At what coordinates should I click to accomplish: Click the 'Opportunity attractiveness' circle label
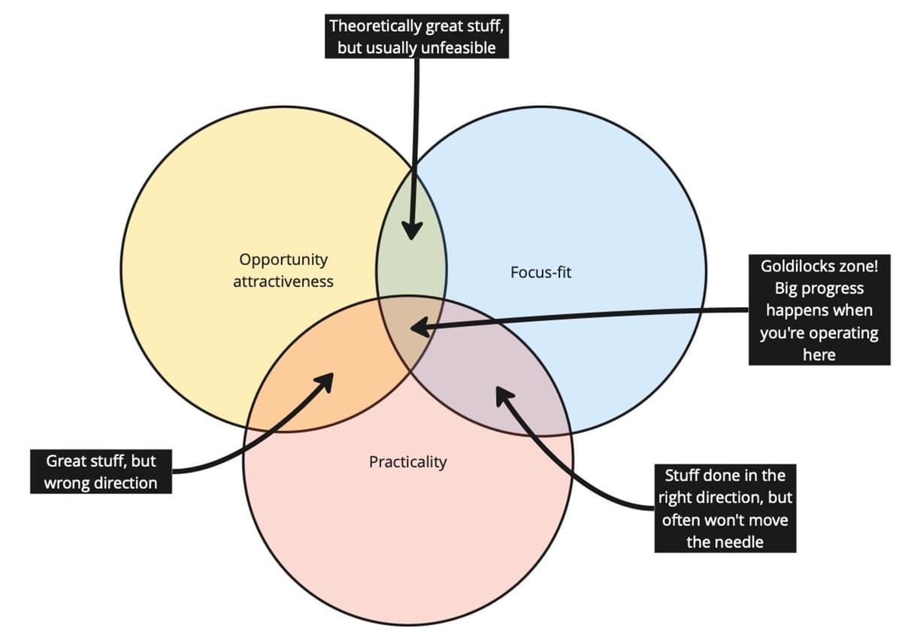tap(283, 270)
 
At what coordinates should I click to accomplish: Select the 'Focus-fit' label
tap(540, 272)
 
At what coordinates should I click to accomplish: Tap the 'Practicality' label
tap(407, 461)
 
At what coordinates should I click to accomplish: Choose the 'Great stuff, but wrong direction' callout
tap(101, 471)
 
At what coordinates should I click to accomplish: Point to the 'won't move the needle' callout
tap(725, 508)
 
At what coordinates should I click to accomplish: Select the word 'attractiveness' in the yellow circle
tap(283, 281)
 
